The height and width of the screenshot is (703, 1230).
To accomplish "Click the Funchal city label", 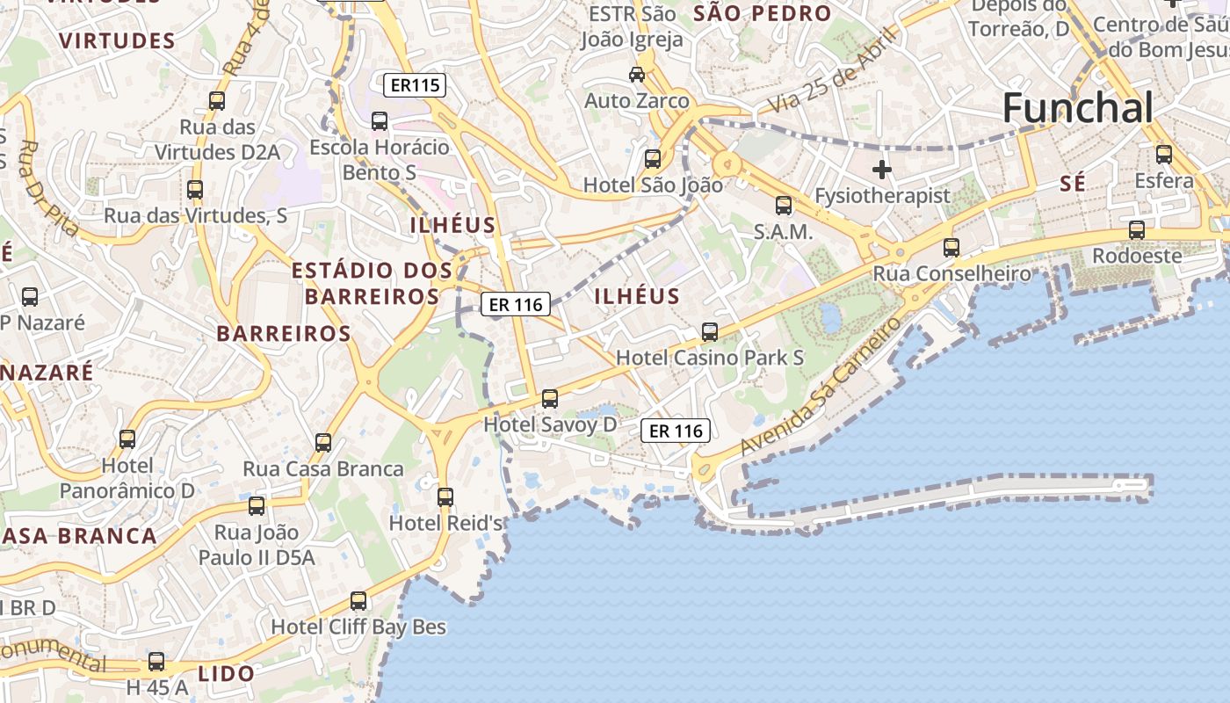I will tap(1077, 109).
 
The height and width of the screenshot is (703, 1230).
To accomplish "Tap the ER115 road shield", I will tap(415, 85).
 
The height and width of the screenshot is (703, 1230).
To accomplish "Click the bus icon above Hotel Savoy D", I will tap(550, 399).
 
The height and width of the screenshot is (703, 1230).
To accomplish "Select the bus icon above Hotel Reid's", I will tap(445, 497).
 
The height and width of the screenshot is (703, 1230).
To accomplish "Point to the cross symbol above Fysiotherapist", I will tap(882, 169).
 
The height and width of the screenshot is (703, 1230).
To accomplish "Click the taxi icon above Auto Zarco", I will tap(637, 75).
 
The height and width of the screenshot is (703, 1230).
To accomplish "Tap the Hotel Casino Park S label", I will tap(710, 358).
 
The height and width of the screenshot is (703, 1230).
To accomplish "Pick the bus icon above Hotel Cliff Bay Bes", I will tap(358, 601).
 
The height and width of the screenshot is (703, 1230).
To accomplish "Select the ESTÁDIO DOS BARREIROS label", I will tap(372, 283).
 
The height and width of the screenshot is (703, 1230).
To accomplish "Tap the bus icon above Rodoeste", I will tap(1137, 230).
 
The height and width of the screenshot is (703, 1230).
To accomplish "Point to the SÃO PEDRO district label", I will tap(762, 13).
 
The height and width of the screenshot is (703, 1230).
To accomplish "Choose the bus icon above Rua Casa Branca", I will tap(323, 443).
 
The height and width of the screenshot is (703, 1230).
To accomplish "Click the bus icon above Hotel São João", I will tap(653, 159).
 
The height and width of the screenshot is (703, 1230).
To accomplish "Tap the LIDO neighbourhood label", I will tap(226, 674).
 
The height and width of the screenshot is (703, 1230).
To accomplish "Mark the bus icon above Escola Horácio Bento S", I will tap(380, 121).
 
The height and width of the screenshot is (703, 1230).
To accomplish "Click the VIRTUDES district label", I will tap(118, 40).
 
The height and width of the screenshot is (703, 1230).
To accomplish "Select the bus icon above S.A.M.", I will tap(783, 206).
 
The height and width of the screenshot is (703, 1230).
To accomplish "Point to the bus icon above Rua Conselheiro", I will tap(951, 248).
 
